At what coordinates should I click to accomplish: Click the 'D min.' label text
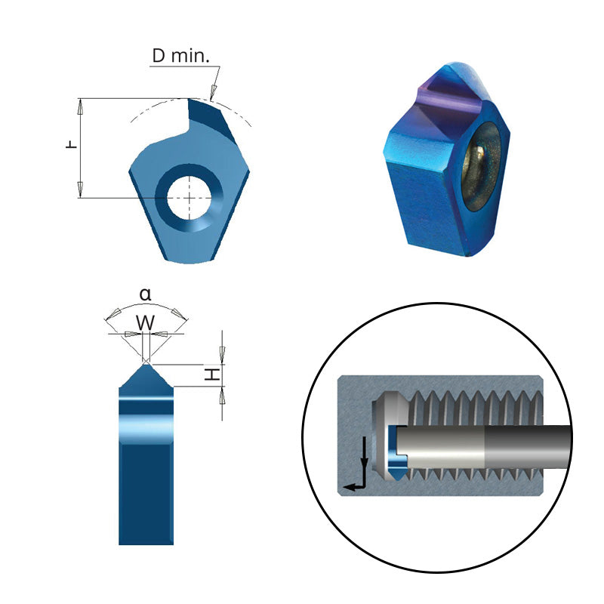coord(181,56)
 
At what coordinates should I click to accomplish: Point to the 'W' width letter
coord(146,323)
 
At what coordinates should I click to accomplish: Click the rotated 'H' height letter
coord(214,374)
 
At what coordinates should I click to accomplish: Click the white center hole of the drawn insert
coord(188,198)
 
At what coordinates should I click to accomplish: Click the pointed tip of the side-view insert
coord(146,363)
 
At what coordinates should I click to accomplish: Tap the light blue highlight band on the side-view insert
coord(146,428)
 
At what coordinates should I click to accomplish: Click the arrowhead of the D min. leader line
coord(214,94)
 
